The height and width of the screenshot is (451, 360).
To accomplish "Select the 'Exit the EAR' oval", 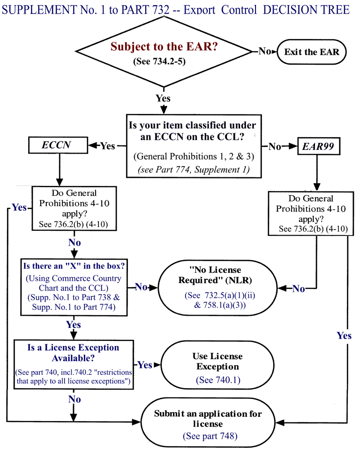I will (311, 52).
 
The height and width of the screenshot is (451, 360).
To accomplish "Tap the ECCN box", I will (56, 145).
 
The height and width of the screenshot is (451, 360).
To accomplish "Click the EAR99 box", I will (317, 147).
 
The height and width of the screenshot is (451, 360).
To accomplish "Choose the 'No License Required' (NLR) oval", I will (215, 287).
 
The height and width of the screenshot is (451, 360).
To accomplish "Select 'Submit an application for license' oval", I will (208, 424).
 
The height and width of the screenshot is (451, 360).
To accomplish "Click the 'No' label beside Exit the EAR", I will (265, 51).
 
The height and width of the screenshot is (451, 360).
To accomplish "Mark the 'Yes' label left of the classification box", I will (107, 146).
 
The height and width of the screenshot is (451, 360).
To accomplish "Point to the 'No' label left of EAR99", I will (275, 147).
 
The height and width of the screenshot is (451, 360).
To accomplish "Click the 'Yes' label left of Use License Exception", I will (145, 365).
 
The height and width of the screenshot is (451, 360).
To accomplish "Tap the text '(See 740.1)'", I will (217, 380).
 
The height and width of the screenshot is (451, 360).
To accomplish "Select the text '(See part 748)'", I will (210, 436).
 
